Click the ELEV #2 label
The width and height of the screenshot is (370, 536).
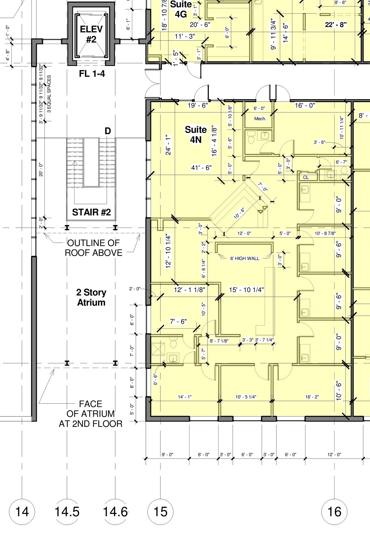[91, 34]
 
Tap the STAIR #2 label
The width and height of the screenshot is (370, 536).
[91, 212]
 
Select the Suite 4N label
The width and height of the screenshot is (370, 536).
[196, 135]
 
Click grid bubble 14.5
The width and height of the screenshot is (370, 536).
[67, 511]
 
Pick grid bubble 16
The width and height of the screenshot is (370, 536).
[334, 511]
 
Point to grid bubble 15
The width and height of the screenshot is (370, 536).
[160, 511]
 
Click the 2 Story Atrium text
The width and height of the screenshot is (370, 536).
[91, 297]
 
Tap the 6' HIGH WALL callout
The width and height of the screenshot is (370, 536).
[245, 258]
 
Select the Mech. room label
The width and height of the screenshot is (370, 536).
[260, 119]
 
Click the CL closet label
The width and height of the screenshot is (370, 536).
[306, 177]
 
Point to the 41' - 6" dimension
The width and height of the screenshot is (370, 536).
[201, 168]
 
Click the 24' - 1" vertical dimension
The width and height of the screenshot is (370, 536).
[168, 145]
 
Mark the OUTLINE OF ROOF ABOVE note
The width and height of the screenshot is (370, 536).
[93, 248]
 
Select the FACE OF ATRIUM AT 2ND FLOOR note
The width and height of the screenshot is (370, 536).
[90, 414]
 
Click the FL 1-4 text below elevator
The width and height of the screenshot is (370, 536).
[92, 74]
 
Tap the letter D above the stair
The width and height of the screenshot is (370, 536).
[108, 131]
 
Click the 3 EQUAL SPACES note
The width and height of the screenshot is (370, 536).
[49, 94]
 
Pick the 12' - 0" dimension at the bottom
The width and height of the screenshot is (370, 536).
[334, 455]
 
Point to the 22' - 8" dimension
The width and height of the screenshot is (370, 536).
[336, 25]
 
